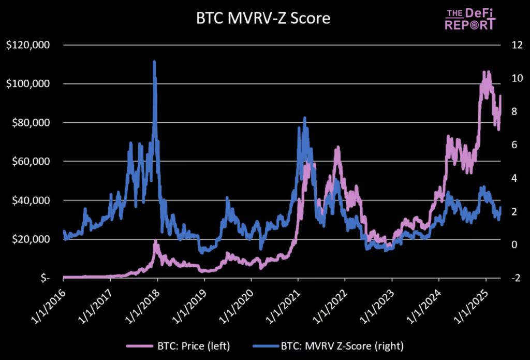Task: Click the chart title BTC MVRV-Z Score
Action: point(263,19)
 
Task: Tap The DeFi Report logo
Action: point(470,19)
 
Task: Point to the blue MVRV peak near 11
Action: point(154,62)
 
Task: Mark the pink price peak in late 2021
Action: point(338,147)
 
